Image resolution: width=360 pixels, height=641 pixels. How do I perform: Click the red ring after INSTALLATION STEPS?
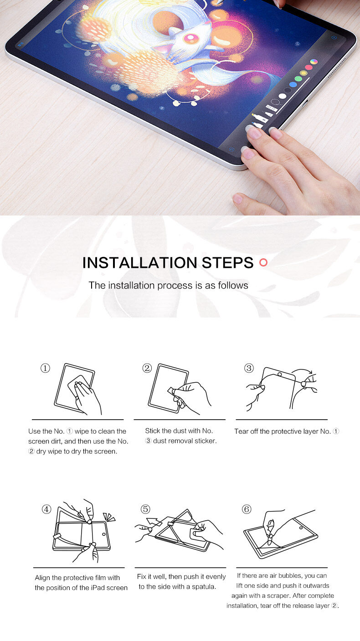click(x=263, y=262)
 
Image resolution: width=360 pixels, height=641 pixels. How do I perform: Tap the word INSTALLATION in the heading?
click(x=139, y=263)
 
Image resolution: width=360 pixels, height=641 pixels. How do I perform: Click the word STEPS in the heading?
click(x=227, y=263)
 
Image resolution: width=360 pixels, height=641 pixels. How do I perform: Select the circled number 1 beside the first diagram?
click(x=45, y=368)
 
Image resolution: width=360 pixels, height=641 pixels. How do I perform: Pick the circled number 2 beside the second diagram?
click(x=147, y=368)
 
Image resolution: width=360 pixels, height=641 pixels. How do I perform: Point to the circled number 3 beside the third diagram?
click(x=249, y=368)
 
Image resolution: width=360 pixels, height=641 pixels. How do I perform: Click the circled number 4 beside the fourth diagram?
click(x=46, y=509)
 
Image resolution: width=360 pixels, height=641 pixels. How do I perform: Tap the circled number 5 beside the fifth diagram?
click(x=145, y=509)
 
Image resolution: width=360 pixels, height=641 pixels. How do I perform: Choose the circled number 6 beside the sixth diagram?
click(x=247, y=509)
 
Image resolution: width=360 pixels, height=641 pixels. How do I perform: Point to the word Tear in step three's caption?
click(x=241, y=431)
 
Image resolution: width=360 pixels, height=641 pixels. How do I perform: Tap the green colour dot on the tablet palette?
click(x=298, y=79)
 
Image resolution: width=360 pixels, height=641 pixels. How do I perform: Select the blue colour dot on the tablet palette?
click(x=293, y=85)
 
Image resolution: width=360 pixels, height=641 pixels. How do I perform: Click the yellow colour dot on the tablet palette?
click(x=303, y=73)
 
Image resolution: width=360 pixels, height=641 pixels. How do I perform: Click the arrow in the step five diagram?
click(x=154, y=522)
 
